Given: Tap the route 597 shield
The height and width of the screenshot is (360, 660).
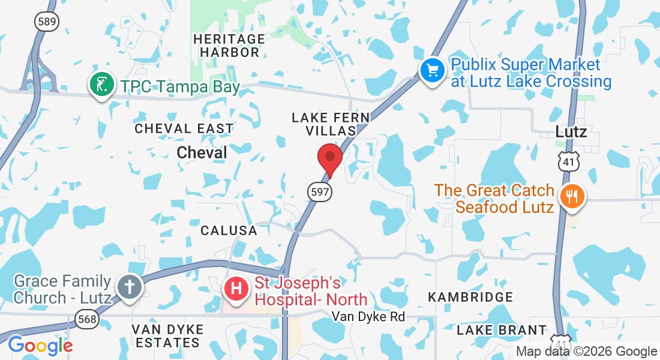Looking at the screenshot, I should tap(320, 192).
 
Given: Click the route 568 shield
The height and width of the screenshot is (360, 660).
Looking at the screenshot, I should tap(88, 319).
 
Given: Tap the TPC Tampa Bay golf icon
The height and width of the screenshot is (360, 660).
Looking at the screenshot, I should tap(102, 85).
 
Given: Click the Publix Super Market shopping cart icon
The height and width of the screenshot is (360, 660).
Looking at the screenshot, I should tap(432, 70).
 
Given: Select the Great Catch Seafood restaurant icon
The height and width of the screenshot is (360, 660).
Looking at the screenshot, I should tap(571, 196).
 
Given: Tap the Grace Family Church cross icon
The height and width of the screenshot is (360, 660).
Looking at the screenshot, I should tap(129, 287).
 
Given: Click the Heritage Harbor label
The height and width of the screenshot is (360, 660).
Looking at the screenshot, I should tap(229, 46).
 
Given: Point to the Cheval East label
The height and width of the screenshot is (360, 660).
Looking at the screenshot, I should tap(184, 128).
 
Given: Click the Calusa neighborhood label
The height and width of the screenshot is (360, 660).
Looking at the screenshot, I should tap(229, 230).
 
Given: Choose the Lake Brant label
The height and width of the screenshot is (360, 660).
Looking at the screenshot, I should tap(502, 330).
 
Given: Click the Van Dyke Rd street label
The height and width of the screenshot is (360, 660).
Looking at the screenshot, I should tap(369, 316).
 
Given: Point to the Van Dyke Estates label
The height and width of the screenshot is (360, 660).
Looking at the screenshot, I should tap(167, 336).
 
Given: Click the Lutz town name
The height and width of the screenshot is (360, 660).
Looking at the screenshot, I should tap(571, 131).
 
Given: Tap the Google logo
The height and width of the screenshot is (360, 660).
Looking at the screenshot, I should tap(40, 346).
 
